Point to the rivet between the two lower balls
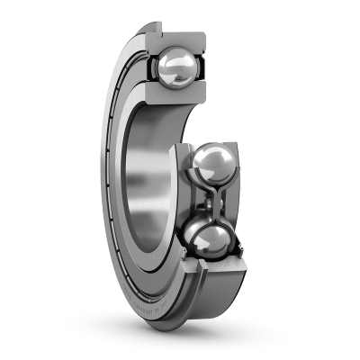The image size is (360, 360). click(x=214, y=202)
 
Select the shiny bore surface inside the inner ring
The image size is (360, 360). click(x=148, y=180)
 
